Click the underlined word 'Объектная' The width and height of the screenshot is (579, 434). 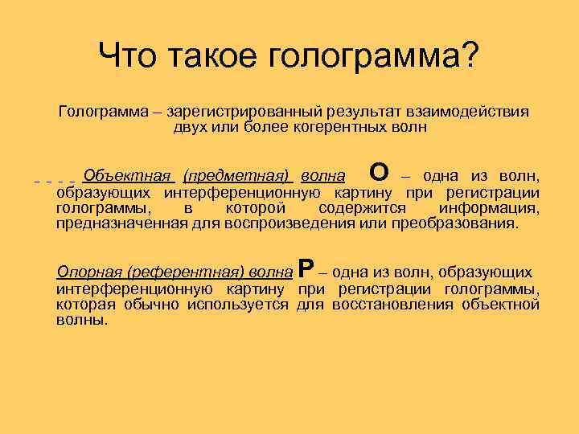(x=129, y=176)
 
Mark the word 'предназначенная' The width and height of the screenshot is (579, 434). (x=121, y=223)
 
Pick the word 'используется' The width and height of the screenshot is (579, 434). (x=238, y=304)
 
